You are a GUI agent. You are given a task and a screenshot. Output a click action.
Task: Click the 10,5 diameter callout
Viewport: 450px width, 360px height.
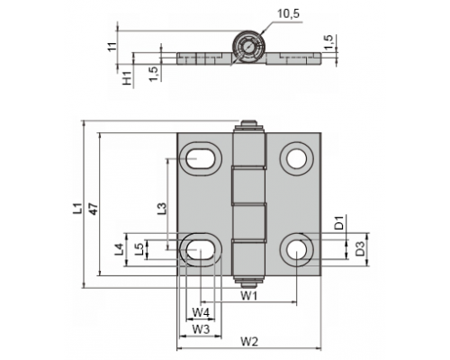point(288,13)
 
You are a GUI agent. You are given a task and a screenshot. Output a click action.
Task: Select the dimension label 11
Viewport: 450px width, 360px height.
point(112,47)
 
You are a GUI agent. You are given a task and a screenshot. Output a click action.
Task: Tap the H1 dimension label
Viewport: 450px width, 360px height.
point(128,77)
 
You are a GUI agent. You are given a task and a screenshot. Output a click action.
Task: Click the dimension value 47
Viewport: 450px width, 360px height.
point(94,209)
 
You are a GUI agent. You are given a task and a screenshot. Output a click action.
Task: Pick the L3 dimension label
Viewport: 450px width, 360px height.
point(162,208)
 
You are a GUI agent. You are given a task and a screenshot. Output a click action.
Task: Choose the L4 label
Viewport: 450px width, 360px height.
point(119,249)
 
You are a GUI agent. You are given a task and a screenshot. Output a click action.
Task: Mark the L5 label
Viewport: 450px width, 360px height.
point(139,249)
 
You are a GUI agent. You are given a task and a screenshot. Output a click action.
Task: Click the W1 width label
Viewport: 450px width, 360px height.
point(249,296)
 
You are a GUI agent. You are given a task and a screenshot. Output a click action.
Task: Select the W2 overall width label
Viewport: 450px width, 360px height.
point(249,341)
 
